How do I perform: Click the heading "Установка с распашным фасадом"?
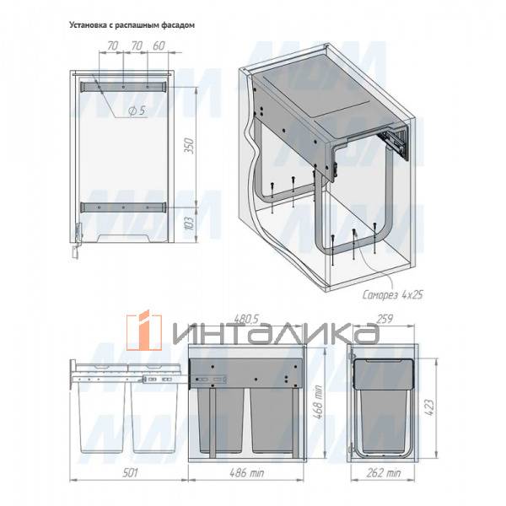132,25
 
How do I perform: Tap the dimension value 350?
190,146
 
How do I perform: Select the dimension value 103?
190,223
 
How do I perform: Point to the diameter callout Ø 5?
137,110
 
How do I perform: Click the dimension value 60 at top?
159,46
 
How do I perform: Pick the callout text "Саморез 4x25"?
392,294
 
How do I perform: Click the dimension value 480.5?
246,319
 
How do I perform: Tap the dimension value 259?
385,319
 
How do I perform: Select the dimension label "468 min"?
319,401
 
